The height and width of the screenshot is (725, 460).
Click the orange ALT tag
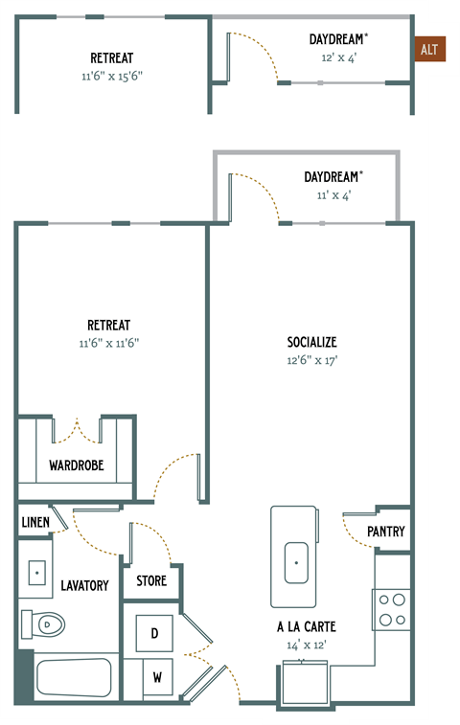pyautogui.click(x=430, y=50)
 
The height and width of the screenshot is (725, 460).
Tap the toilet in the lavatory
pyautogui.click(x=43, y=625)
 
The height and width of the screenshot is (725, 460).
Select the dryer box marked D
pyautogui.click(x=154, y=634)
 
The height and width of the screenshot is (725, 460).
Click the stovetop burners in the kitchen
pyautogui.click(x=391, y=609)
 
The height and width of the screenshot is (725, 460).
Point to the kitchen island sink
pyautogui.click(x=295, y=564)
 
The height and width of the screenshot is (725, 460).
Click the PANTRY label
pyautogui.click(x=386, y=532)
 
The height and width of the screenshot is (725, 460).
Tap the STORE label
pyautogui.click(x=151, y=580)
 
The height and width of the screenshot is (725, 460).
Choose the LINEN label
pyautogui.click(x=35, y=523)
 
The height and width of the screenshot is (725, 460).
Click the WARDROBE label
pyautogui.click(x=76, y=466)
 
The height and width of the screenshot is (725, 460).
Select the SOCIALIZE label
pyautogui.click(x=311, y=342)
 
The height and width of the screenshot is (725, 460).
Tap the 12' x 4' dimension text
pyautogui.click(x=337, y=57)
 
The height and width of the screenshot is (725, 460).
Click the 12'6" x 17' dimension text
pyautogui.click(x=311, y=360)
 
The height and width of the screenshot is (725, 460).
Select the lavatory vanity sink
pyautogui.click(x=38, y=574)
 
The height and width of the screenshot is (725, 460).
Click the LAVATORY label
pyautogui.click(x=84, y=585)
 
